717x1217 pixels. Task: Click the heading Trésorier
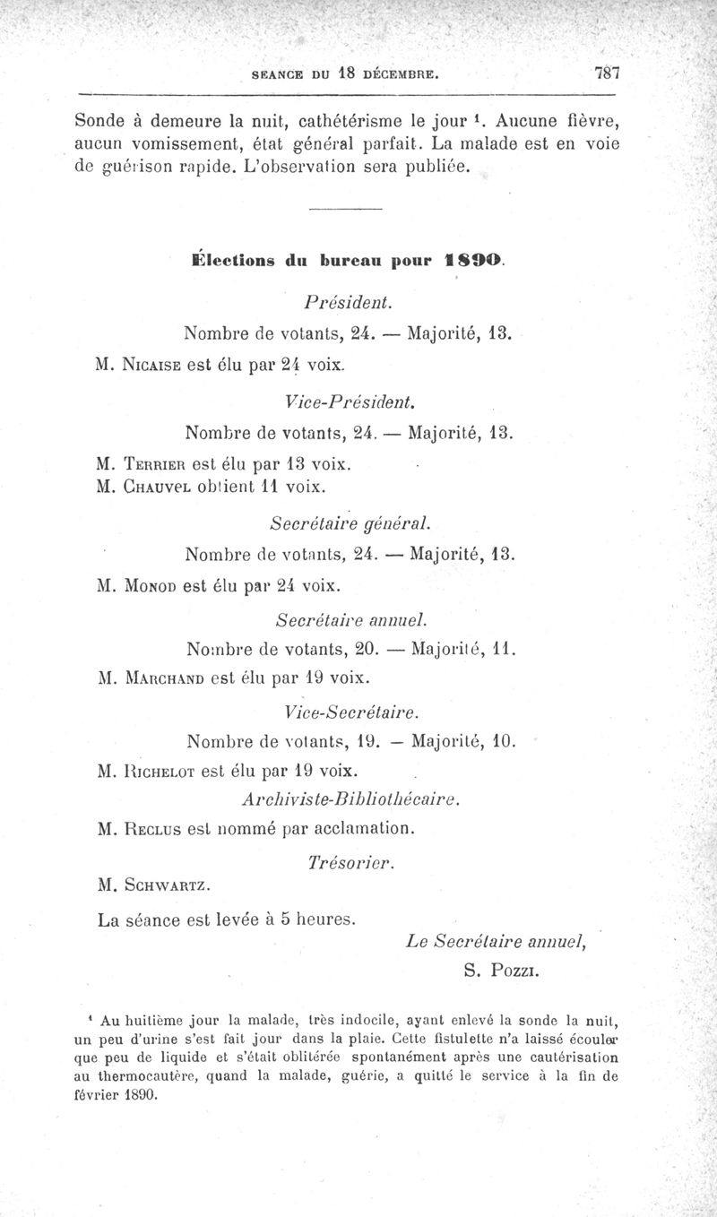tap(350, 862)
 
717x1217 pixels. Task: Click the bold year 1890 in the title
tap(474, 262)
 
